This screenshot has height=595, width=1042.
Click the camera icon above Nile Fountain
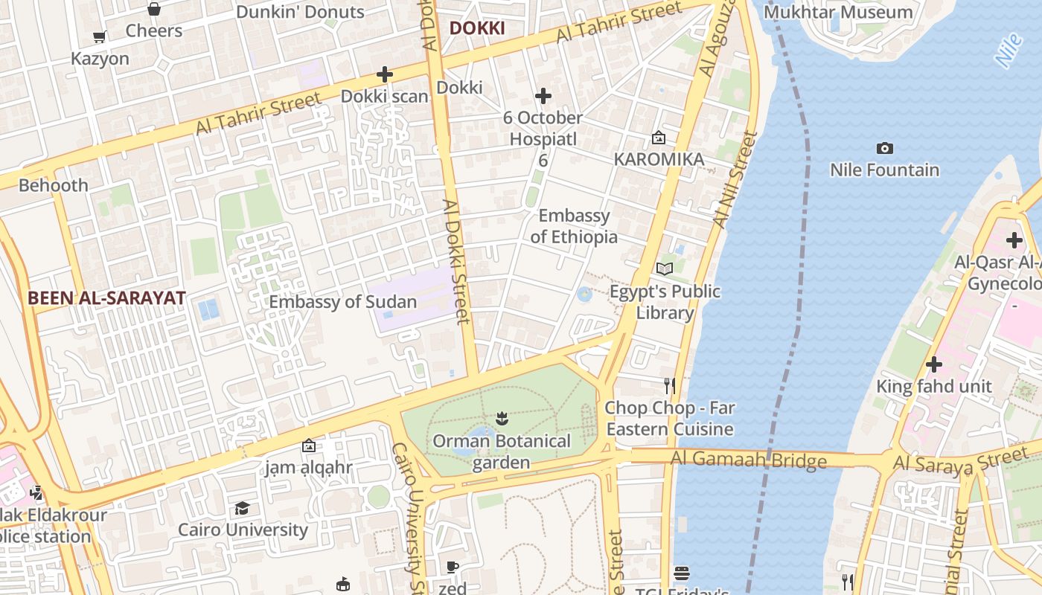coord(884,148)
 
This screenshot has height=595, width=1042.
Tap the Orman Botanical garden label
coord(502,451)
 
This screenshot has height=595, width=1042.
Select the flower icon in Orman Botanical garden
coord(502,419)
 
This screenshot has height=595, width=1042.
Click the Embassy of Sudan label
coord(342,302)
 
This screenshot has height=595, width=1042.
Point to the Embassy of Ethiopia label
coord(574,226)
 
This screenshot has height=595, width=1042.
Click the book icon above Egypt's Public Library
coord(664,268)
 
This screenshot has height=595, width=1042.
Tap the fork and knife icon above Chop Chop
coord(670,385)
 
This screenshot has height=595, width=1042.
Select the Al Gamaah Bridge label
coord(748,460)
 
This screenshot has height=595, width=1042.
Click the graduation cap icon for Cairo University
coord(242,508)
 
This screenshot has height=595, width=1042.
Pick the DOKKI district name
coord(477,29)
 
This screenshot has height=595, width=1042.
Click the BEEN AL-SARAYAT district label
coord(106,298)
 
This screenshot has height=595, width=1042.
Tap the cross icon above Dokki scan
coord(385,74)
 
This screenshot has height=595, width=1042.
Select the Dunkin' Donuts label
coord(300,12)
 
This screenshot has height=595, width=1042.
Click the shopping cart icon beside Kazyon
coord(99,36)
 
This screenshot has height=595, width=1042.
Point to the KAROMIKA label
coord(659,159)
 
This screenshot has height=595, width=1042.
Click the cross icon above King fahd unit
coord(933,364)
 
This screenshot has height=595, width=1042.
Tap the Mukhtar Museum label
coord(837,12)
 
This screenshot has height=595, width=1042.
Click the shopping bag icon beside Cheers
coord(153,9)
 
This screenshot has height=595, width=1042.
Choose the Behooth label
coord(54,185)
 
